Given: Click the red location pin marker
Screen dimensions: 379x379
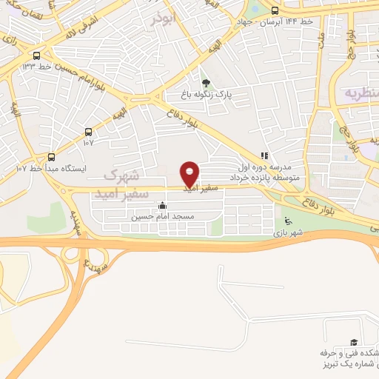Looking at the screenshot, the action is click(190, 173).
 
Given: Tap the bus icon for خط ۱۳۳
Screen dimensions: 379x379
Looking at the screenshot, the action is click(37, 56).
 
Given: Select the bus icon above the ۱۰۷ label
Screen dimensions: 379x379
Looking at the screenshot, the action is click(89, 132).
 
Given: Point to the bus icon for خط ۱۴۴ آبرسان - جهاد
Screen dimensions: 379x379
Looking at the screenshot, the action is click(275, 10).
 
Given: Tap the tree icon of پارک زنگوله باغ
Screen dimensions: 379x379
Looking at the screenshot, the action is click(205, 83).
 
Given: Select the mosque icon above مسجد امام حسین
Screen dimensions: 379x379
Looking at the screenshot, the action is click(162, 205).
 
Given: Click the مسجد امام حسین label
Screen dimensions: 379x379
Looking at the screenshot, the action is click(162, 216).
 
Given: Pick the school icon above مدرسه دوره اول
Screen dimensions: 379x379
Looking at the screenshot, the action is click(262, 156).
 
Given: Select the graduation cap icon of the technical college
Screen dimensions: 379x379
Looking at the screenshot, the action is click(354, 342).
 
